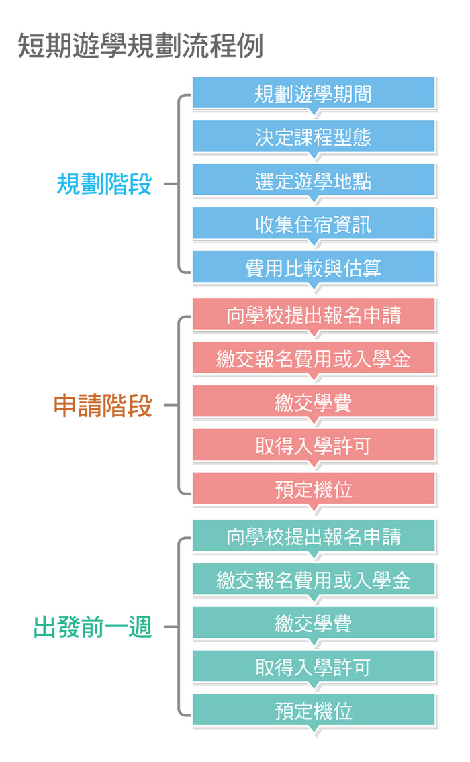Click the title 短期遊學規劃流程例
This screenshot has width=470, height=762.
point(140,46)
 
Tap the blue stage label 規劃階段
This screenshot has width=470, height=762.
point(105,184)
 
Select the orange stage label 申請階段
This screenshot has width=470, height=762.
point(103,406)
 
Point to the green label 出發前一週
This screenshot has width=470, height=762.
point(93,627)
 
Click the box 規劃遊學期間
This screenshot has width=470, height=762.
point(314,93)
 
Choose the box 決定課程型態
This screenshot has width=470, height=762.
point(314,136)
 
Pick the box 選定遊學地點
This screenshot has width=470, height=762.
point(314,181)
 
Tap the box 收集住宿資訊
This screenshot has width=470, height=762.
point(314,224)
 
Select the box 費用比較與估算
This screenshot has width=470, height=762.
point(314,267)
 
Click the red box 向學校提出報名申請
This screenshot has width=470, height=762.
point(314,314)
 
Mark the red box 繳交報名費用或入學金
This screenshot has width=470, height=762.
point(314,358)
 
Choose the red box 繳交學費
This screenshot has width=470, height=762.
point(314,402)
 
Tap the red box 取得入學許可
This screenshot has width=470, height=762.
point(314,445)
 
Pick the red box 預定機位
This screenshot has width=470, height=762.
point(314,489)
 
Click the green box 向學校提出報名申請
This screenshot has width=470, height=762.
point(314,536)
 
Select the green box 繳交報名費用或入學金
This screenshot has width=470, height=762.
point(314,580)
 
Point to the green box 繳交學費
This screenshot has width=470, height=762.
point(314,623)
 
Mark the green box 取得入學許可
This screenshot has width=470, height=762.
point(314,667)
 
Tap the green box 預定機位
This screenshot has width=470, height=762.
point(314,710)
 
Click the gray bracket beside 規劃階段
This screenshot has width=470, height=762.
point(179,184)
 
